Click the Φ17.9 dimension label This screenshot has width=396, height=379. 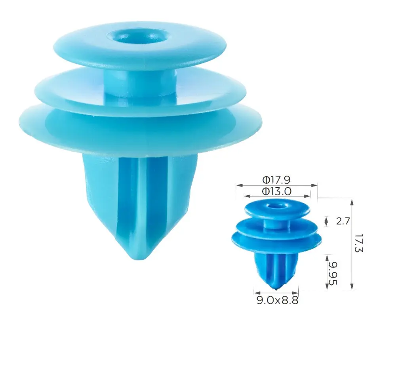click(x=276, y=180)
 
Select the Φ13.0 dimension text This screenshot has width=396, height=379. click(x=277, y=191)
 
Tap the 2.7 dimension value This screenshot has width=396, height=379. click(x=343, y=221)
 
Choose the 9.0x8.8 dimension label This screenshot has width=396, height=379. click(x=277, y=301)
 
